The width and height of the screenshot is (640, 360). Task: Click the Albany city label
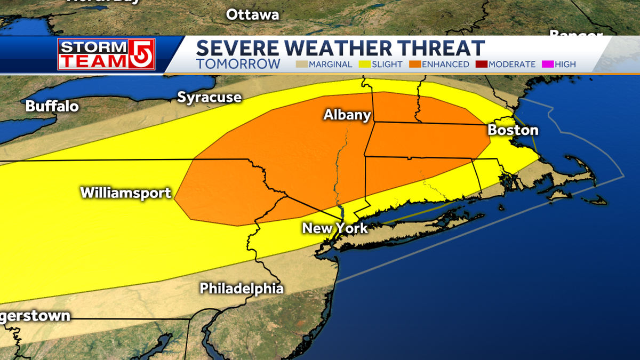(x=347, y=115)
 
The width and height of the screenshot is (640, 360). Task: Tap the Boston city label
(x=513, y=130)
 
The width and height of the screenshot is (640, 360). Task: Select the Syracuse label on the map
(x=209, y=98)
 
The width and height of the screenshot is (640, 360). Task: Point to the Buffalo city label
(x=52, y=106)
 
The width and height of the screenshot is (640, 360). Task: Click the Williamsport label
(x=126, y=193)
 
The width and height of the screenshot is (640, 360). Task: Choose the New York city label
(x=335, y=228)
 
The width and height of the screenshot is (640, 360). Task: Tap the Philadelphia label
(x=242, y=289)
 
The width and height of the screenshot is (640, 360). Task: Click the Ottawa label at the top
(x=252, y=14)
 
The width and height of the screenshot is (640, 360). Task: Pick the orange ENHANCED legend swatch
(x=415, y=65)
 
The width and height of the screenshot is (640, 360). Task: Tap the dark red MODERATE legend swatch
(x=482, y=65)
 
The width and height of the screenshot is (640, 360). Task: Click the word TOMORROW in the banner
(x=238, y=64)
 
